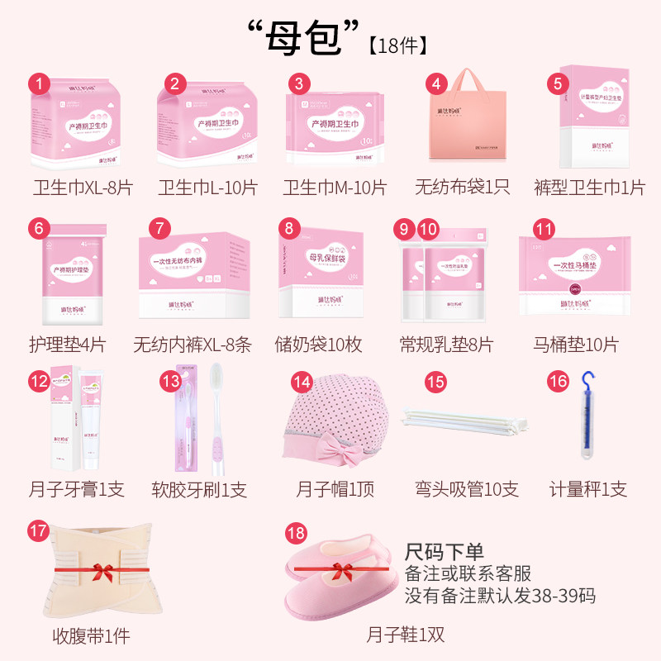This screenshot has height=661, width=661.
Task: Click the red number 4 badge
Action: pos(436,83)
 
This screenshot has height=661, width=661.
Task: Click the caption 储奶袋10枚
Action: pos(318,344)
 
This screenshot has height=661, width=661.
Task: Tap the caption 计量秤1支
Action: pos(588,489)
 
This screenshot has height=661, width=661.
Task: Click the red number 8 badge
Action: pos(288,229)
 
